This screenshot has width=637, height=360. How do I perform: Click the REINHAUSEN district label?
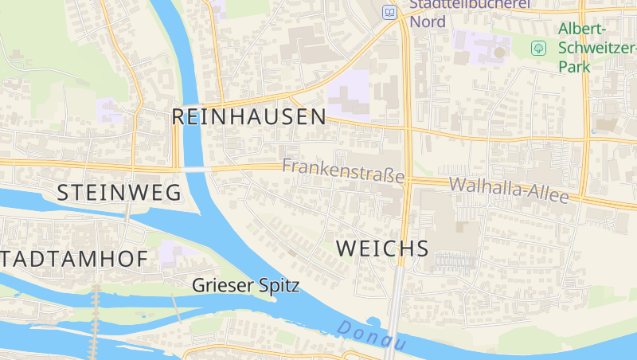(248, 118)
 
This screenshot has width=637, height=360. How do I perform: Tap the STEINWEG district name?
(118, 192)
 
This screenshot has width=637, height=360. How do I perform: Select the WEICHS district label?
(382, 248)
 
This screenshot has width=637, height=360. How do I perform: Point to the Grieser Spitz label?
(246, 284)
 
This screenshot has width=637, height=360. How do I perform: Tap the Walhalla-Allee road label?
(509, 190)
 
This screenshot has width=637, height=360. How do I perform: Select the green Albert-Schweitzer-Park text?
(588, 48)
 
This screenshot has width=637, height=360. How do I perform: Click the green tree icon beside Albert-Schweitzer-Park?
(539, 49)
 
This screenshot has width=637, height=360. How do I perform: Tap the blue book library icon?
(389, 12)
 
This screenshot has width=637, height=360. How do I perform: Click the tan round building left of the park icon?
(500, 53)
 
